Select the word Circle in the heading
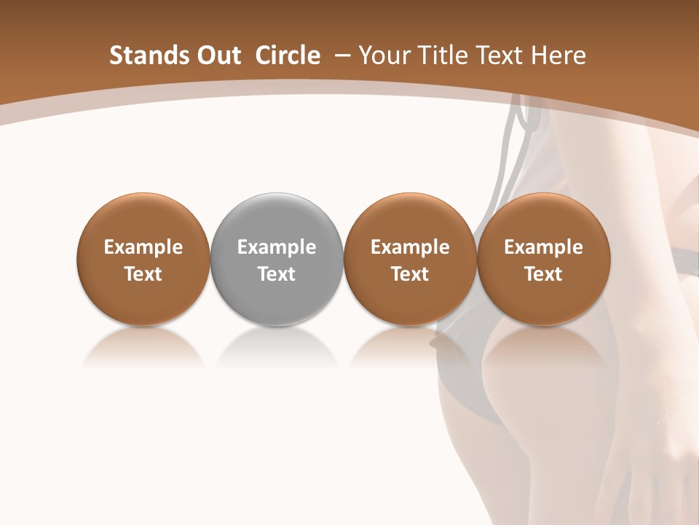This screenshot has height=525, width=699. [288, 55]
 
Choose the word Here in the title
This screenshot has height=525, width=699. [558, 55]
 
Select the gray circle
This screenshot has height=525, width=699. [277, 259]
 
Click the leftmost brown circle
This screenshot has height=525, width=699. [143, 259]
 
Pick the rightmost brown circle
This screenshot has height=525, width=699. [543, 259]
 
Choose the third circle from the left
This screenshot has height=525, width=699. [410, 259]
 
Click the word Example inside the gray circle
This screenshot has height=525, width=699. [277, 247]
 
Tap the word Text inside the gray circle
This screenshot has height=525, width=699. [277, 274]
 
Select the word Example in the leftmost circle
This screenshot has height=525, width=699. [143, 247]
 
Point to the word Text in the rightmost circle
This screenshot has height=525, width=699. [543, 274]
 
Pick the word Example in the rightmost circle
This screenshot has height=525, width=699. [543, 247]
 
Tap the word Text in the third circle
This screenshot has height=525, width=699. [410, 274]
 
